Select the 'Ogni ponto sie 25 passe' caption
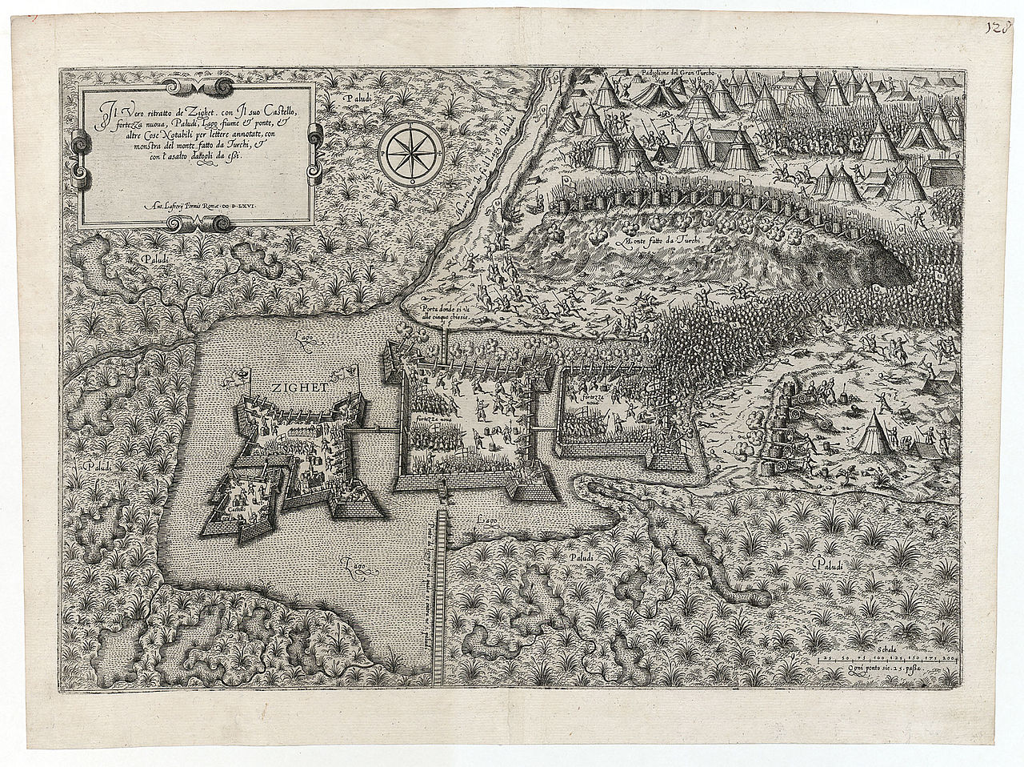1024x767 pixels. point(883,667)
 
